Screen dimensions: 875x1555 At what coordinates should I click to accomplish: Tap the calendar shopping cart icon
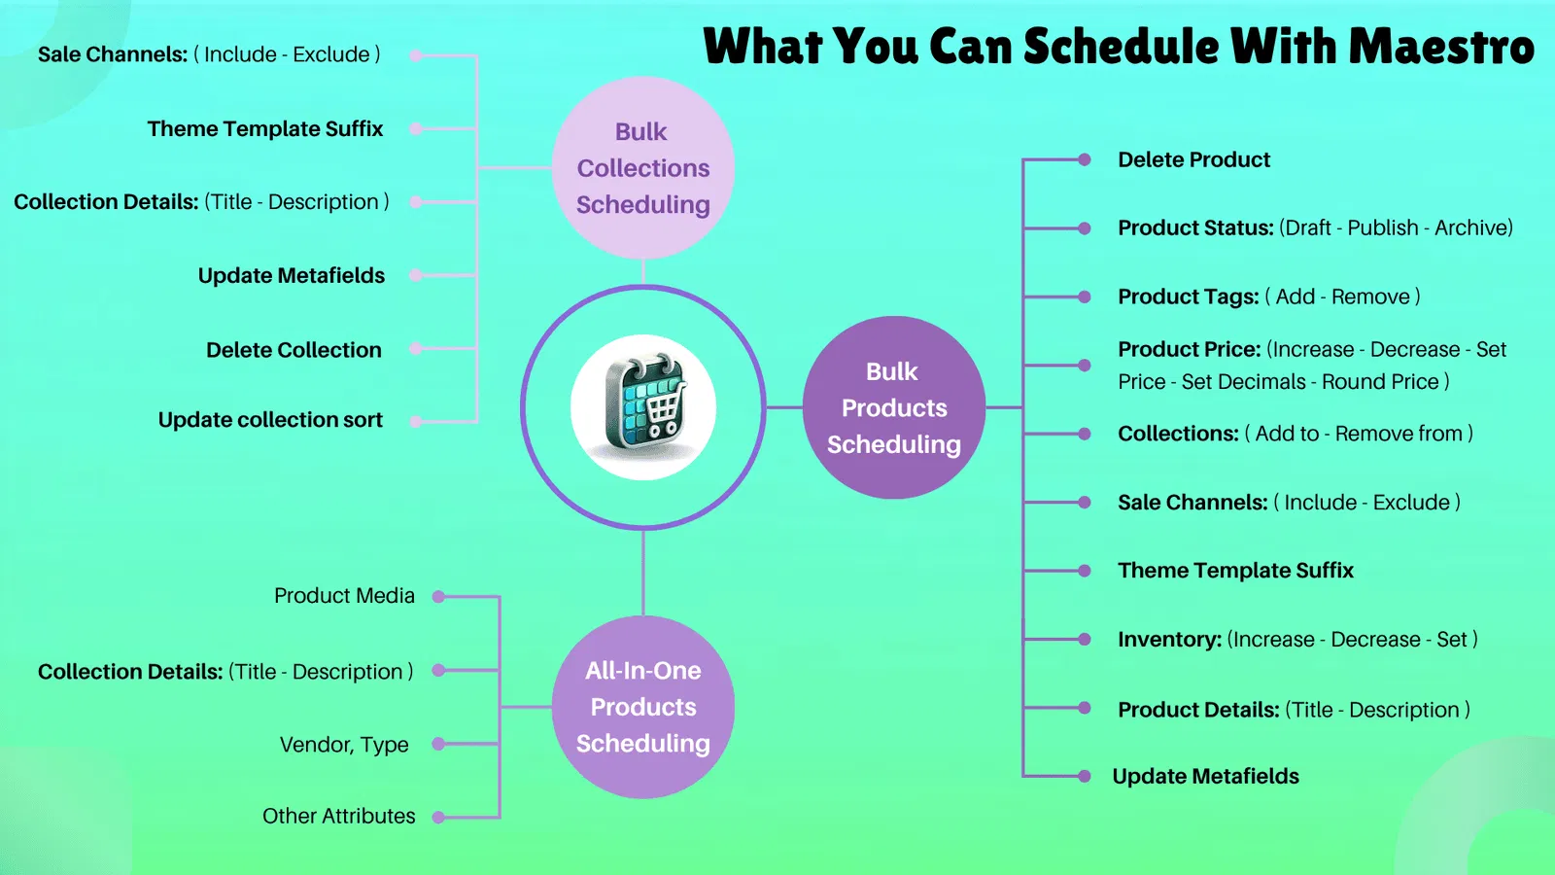[x=643, y=406]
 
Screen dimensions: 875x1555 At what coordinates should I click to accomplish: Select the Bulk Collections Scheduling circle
[x=643, y=167]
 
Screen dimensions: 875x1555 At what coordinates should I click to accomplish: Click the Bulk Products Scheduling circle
[x=894, y=407]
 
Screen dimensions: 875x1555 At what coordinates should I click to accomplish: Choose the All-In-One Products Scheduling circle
[x=643, y=707]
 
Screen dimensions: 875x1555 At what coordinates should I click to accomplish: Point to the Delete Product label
[x=1193, y=159]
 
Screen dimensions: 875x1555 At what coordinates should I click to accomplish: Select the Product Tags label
[x=1188, y=297]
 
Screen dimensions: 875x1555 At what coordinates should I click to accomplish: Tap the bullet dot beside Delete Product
[x=1085, y=159]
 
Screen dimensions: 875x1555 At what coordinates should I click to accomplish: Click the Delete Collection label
[x=294, y=350]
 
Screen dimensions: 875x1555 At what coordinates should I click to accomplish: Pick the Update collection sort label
[x=270, y=420]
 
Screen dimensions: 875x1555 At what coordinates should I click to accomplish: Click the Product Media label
[x=344, y=596]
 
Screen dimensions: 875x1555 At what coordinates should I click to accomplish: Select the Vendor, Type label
[x=344, y=745]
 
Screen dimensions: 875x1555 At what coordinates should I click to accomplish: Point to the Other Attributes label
[x=338, y=816]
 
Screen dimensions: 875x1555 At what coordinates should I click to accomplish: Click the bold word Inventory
[x=1169, y=640]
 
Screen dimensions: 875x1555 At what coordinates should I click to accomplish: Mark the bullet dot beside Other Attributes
[x=438, y=818]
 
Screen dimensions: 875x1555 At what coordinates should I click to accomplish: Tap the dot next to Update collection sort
[x=416, y=422]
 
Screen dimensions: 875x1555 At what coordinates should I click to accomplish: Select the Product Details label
[x=1198, y=710]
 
